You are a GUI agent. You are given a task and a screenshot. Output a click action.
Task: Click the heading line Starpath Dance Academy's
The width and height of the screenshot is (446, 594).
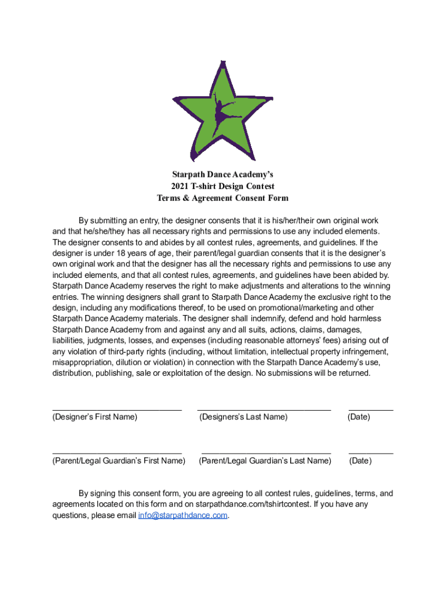point(222,175)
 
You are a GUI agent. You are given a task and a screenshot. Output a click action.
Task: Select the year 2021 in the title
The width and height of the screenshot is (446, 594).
point(180,186)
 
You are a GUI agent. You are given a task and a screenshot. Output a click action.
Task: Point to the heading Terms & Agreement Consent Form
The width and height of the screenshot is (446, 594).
point(222,198)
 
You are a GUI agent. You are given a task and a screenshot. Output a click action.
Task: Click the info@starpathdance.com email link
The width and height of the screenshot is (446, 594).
point(182,515)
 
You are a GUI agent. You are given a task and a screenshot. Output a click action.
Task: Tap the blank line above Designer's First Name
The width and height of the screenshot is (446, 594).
point(117,410)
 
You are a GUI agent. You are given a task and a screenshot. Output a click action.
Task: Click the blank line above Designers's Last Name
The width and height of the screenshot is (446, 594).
point(264,410)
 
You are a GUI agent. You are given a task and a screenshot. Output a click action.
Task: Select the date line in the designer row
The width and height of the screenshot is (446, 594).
point(371,410)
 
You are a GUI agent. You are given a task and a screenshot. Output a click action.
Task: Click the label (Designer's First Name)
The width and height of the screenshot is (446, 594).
point(95,417)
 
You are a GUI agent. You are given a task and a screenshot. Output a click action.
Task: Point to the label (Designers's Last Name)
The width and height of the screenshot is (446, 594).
point(243,417)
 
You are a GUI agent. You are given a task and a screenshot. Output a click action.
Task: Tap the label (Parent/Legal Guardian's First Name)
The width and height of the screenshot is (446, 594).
point(119,461)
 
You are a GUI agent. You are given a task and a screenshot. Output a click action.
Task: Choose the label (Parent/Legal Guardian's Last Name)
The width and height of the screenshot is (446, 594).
point(265,461)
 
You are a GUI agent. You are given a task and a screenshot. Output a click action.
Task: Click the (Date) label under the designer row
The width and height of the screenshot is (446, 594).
point(359,417)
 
